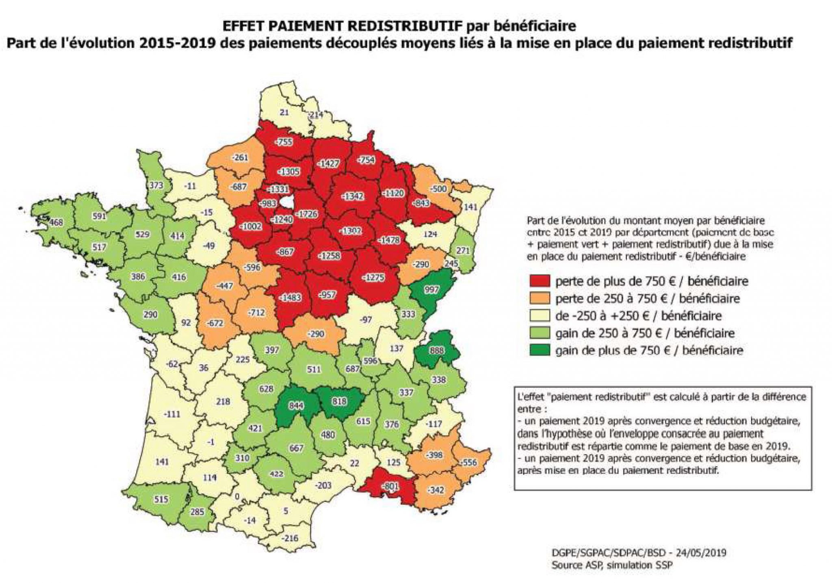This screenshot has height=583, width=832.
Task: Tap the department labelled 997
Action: pyautogui.click(x=431, y=289)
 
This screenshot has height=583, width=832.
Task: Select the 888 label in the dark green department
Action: pyautogui.click(x=434, y=350)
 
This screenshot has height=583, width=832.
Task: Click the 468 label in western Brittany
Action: pyautogui.click(x=56, y=222)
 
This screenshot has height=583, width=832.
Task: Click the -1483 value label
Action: pyautogui.click(x=290, y=298)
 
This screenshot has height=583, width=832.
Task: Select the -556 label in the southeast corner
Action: pyautogui.click(x=467, y=463)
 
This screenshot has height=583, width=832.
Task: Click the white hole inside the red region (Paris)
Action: pyautogui.click(x=287, y=202)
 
